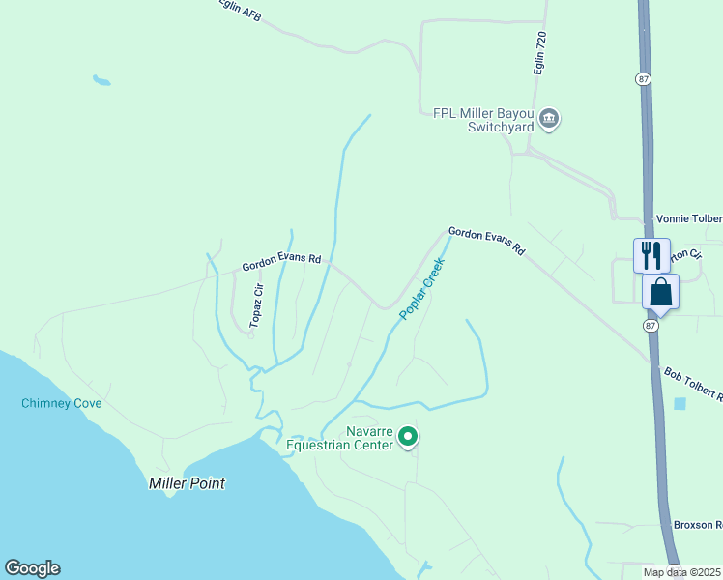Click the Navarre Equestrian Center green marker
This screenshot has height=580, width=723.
[408, 437]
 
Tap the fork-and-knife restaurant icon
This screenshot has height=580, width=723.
[651, 255]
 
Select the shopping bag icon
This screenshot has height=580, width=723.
[660, 292]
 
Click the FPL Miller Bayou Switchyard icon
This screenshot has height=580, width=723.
[549, 119]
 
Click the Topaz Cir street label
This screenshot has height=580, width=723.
[257, 306]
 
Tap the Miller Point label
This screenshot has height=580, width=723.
[187, 483]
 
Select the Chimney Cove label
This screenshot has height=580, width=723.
[62, 403]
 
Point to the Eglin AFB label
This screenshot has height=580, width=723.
[240, 8]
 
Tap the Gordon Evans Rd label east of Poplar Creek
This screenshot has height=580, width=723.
[485, 242]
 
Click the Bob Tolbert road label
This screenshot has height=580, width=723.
[692, 384]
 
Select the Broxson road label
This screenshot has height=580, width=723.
[698, 525]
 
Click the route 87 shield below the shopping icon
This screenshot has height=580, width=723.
[651, 326]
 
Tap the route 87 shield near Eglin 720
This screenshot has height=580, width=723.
[643, 77]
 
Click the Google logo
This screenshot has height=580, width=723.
[32, 568]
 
